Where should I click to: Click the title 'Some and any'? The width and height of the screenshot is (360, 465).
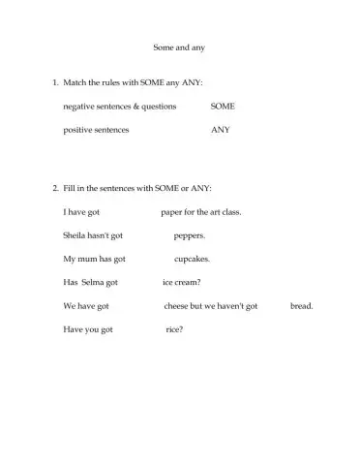point(179,46)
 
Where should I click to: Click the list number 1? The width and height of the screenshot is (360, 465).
point(54,85)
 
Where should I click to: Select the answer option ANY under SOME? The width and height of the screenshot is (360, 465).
point(220,129)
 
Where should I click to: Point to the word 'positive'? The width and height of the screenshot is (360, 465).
point(78,129)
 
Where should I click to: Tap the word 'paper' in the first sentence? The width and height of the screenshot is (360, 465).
point(170,211)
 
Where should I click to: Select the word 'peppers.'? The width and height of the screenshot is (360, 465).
point(190,235)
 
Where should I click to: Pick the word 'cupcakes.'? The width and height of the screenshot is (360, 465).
point(192,259)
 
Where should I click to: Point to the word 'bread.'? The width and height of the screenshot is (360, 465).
point(302,306)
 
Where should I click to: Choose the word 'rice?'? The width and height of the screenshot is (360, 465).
point(175,329)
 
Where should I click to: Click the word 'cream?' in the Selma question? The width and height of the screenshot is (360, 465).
point(187,282)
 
